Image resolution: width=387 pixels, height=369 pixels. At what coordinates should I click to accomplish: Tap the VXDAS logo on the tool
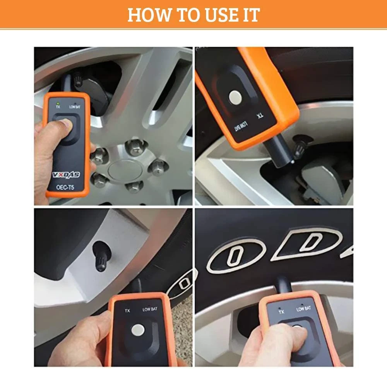(66, 175)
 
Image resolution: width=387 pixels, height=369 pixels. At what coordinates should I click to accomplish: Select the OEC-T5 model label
(65, 187)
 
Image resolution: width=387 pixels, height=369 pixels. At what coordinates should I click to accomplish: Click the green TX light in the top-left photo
(58, 103)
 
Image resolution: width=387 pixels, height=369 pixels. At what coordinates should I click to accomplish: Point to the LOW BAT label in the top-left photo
(75, 107)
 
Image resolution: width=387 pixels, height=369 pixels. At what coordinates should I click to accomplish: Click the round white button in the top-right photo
(235, 97)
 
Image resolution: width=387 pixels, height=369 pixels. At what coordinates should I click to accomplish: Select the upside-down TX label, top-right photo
(260, 116)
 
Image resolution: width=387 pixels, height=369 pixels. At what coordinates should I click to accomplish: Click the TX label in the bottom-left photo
(127, 311)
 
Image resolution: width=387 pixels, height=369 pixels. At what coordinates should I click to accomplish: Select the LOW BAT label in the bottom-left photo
(150, 309)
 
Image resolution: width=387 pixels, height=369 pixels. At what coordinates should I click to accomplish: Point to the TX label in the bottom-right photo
(281, 312)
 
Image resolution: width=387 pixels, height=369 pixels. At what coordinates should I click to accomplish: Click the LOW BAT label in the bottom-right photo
(303, 309)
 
